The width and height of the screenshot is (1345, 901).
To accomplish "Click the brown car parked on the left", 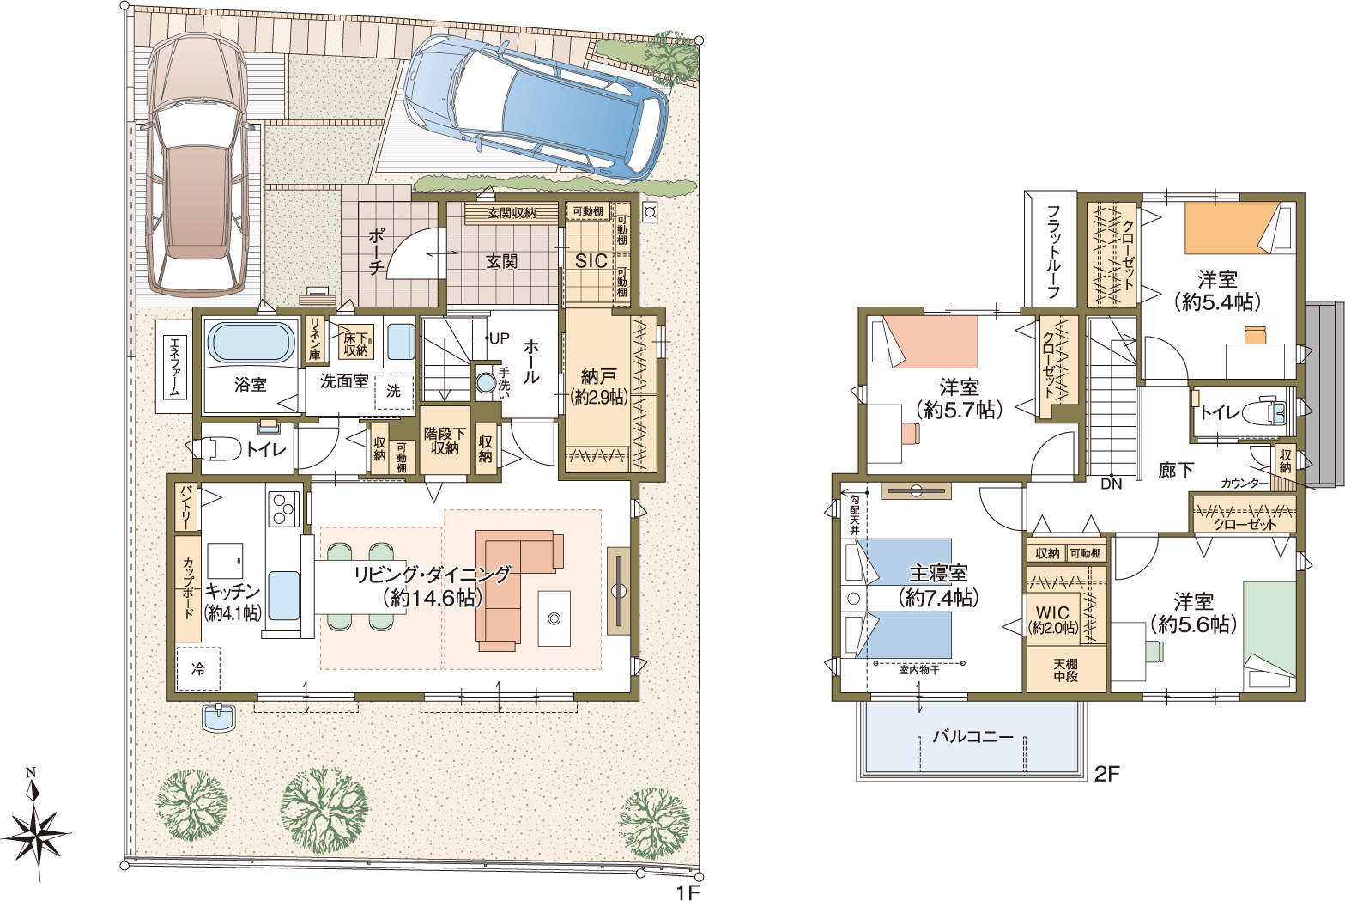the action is [197, 164].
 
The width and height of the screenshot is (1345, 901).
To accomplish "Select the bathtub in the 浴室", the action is [251, 343].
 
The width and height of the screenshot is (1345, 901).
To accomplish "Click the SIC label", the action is [591, 261].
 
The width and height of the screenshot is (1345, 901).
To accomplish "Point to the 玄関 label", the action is [501, 261].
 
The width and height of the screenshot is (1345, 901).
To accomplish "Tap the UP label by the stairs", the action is [499, 338].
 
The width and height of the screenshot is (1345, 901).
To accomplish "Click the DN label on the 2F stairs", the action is [1112, 484].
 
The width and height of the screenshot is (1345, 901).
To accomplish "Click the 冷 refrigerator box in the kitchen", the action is [198, 668].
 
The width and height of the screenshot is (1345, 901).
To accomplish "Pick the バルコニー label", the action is [972, 736].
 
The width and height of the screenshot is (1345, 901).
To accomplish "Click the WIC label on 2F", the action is [1052, 612].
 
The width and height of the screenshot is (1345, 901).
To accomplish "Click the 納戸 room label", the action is [598, 376].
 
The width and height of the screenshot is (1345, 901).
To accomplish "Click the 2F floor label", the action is [1106, 774].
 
